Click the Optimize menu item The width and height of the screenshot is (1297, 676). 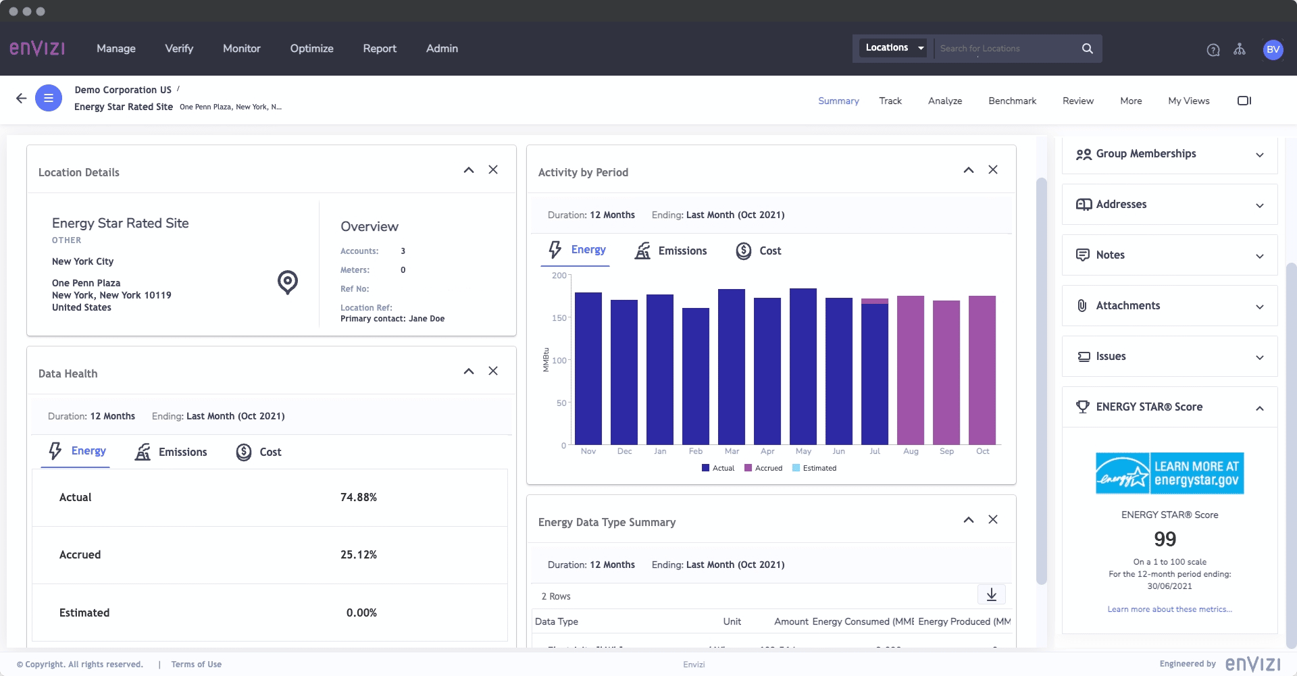(311, 49)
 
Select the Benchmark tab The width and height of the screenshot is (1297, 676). (1012, 101)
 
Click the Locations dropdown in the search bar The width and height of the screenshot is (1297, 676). (894, 48)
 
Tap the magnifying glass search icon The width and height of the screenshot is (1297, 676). (1087, 49)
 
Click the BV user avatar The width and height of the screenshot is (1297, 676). (1273, 49)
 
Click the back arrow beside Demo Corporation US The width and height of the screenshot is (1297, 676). (22, 99)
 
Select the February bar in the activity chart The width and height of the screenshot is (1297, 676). (695, 376)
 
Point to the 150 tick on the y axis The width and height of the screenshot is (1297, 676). (559, 318)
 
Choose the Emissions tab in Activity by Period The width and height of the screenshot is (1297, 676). (671, 251)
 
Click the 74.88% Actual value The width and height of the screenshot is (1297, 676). (358, 498)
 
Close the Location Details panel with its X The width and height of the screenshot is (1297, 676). (493, 170)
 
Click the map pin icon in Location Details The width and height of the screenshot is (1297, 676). (288, 282)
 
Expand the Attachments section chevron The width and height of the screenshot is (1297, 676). (1259, 307)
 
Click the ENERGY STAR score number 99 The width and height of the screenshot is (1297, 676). (1165, 539)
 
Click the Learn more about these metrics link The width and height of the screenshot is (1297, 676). (1169, 609)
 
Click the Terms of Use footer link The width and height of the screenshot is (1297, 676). (196, 665)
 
